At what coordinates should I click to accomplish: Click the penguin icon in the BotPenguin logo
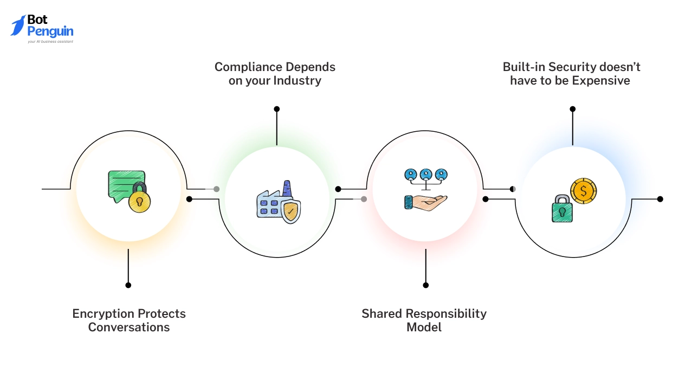click(18, 25)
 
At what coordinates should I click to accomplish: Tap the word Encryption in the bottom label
click(104, 313)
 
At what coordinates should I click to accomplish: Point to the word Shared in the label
click(382, 313)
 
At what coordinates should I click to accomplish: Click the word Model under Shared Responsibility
click(424, 328)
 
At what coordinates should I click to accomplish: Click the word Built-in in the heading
click(524, 67)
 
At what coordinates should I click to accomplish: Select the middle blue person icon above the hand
click(426, 175)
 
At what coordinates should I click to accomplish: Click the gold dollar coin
click(583, 191)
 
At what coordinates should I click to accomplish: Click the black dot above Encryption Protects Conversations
click(128, 285)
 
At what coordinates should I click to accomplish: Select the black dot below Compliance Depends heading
click(277, 109)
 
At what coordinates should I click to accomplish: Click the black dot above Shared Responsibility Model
click(426, 285)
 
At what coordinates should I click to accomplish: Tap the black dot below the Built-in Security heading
click(573, 109)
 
